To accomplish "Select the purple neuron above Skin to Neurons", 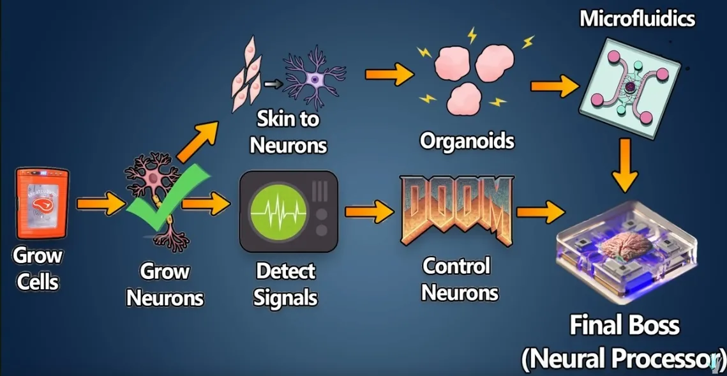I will pyautogui.click(x=314, y=77).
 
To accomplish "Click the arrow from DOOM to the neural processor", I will pyautogui.click(x=540, y=211).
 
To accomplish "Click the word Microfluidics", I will pyautogui.click(x=636, y=19).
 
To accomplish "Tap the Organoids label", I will pyautogui.click(x=467, y=140).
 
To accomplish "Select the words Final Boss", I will pyautogui.click(x=624, y=326).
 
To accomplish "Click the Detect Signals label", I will pyautogui.click(x=285, y=284).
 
